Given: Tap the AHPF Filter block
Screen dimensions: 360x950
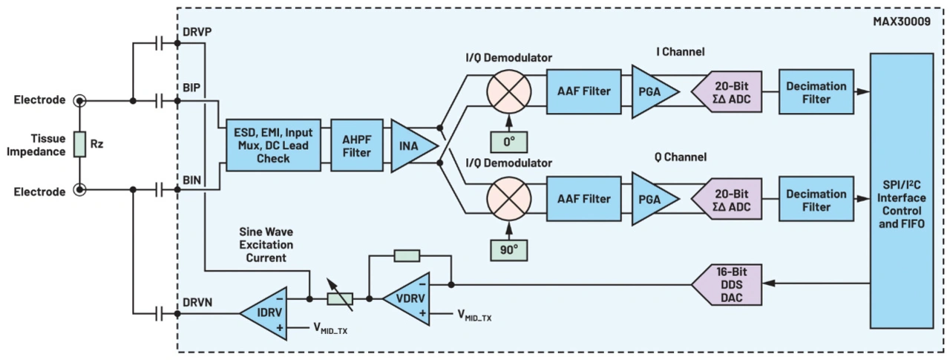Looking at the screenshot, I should (356, 145).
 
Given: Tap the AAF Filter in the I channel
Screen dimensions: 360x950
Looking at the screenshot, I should (583, 91).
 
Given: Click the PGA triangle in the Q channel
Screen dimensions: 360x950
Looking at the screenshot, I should (651, 199).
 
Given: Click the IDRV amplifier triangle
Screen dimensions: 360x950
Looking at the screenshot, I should (265, 312).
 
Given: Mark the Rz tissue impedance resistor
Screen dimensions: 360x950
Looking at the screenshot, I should (79, 145).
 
